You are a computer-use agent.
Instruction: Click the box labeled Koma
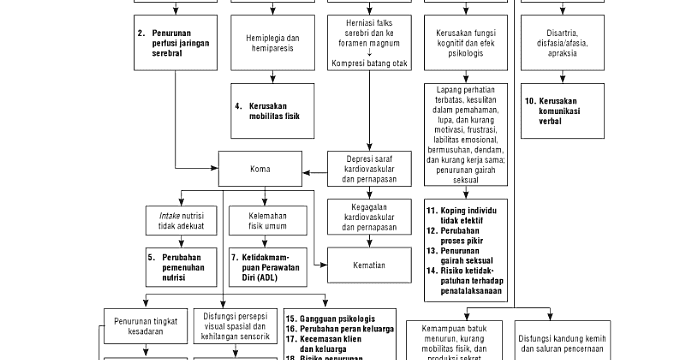[x=260, y=169]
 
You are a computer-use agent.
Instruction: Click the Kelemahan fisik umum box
[x=260, y=220]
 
